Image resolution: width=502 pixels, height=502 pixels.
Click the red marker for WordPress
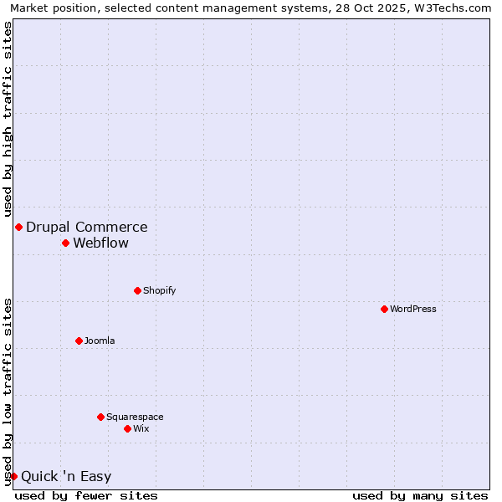pos(384,309)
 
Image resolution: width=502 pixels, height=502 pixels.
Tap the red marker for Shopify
pos(137,290)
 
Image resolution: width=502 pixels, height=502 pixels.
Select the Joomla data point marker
pos(79,341)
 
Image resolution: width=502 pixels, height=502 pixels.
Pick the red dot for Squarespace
pos(100,417)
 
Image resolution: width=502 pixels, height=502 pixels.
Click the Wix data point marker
pos(127,428)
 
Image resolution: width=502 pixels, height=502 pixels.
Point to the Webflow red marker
pos(65,243)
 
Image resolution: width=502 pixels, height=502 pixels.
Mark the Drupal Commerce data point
pos(18,227)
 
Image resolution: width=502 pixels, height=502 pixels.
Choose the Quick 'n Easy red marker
pos(13,476)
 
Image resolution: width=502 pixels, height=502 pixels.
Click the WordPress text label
pos(413,309)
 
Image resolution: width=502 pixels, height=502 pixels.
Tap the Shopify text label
pos(159,290)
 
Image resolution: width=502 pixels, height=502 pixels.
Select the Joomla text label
pos(100,341)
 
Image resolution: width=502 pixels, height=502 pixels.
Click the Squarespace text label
pos(135,417)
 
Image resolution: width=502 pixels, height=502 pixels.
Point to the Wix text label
pos(141,428)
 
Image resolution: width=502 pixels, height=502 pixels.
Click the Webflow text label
pos(101,243)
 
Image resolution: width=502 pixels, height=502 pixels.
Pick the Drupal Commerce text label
pos(87,227)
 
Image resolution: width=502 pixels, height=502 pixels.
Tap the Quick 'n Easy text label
pos(66,477)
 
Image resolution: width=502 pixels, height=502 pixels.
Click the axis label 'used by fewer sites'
pos(86,495)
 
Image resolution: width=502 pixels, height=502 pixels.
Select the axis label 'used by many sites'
pos(420,495)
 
